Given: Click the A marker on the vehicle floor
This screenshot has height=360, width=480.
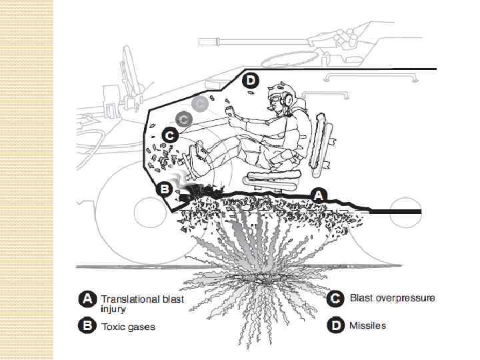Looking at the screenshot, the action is pyautogui.click(x=319, y=195).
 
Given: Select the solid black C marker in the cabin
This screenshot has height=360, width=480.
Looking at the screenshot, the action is pyautogui.click(x=169, y=135).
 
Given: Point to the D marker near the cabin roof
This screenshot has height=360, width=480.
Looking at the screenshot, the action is pyautogui.click(x=249, y=81).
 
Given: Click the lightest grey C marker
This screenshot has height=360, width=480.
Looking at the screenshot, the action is pyautogui.click(x=199, y=103).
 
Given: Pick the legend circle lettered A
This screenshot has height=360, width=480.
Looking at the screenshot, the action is pyautogui.click(x=85, y=299).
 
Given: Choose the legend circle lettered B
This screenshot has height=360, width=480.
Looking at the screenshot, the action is pyautogui.click(x=85, y=327).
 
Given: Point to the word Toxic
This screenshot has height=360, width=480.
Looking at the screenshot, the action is pyautogui.click(x=115, y=327).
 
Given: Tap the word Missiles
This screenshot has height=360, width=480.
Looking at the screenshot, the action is pyautogui.click(x=368, y=325).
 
